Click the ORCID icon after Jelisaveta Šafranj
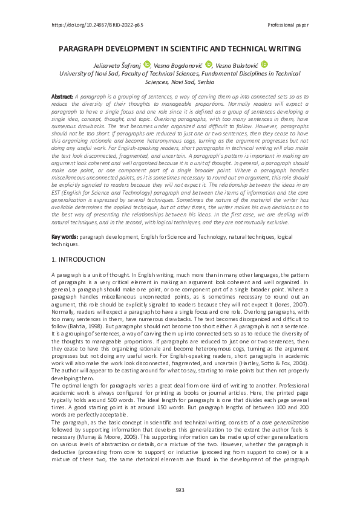pyautogui.click(x=147, y=64)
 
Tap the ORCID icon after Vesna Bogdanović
pyautogui.click(x=209, y=64)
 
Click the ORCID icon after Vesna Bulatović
pyautogui.click(x=264, y=64)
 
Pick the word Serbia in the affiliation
pyautogui.click(x=202, y=80)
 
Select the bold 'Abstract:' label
pyautogui.click(x=62, y=96)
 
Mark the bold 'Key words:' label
pyautogui.click(x=64, y=238)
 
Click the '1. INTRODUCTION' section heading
pyautogui.click(x=79, y=259)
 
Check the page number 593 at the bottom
pyautogui.click(x=180, y=490)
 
